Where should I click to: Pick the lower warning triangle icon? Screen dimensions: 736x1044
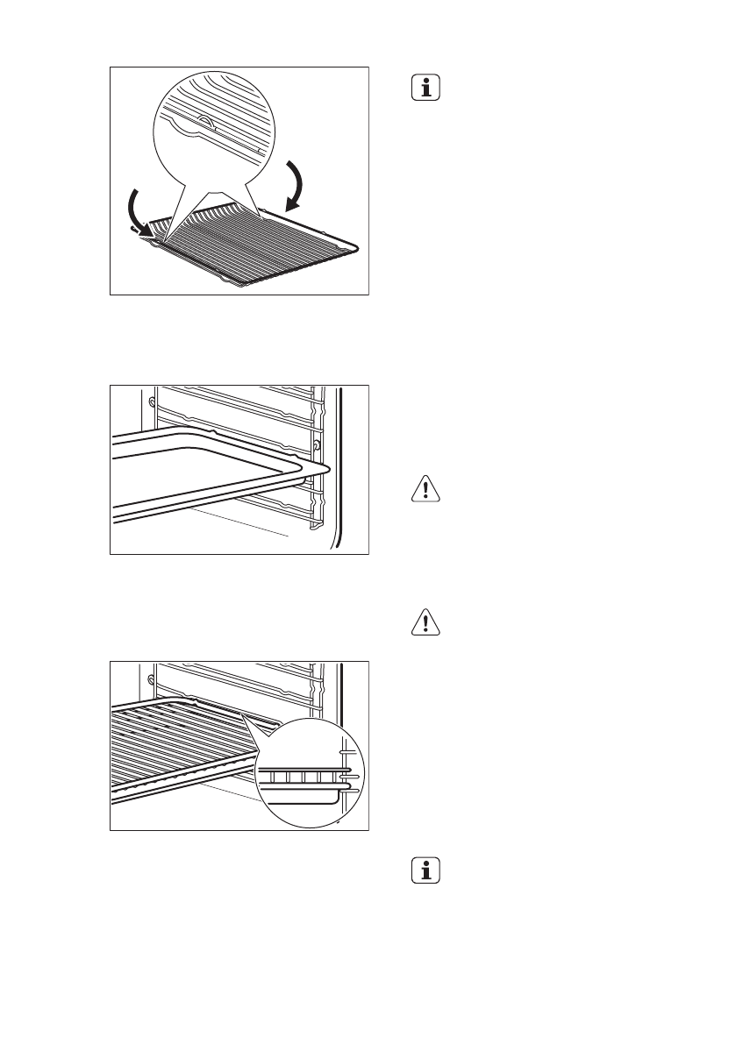click(425, 622)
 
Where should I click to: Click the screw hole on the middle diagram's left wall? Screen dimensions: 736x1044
click(153, 402)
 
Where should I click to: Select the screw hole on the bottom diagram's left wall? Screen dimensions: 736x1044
click(153, 679)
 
